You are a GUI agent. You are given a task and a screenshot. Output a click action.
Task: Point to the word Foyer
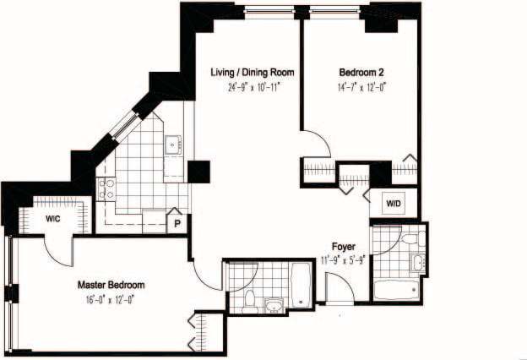[344, 247]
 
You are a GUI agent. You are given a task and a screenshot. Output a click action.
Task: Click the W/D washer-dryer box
[394, 203]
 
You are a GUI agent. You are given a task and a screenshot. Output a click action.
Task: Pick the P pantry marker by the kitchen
[178, 224]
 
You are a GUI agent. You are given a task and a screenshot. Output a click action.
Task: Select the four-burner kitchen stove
[106, 189]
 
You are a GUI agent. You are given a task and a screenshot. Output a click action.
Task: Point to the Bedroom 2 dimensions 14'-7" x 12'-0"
[363, 85]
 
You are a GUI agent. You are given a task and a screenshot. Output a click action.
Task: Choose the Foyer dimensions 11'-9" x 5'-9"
[344, 259]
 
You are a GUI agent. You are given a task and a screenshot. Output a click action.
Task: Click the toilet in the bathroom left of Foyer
[250, 298]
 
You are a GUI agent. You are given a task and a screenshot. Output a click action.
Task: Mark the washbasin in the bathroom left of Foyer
[274, 303]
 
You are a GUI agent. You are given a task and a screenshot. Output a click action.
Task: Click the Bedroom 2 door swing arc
[311, 144]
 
